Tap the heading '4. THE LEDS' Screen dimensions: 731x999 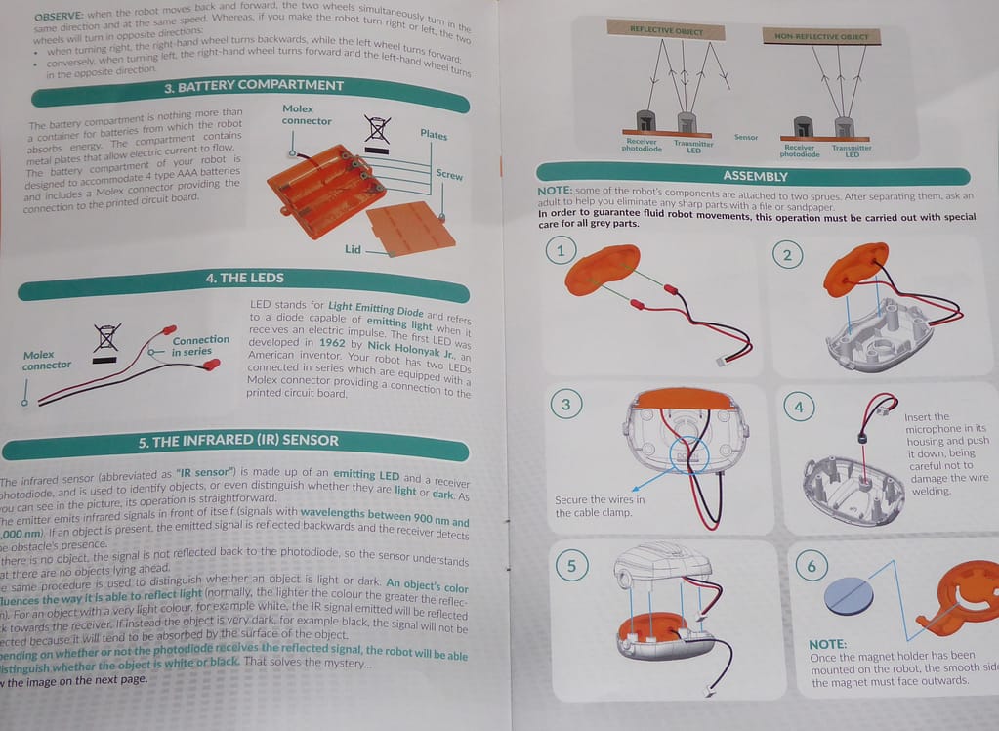point(244,279)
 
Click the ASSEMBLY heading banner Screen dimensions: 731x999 point(754,176)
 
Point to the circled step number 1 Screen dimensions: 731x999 point(560,251)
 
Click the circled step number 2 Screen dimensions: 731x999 point(787,256)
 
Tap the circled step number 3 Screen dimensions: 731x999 point(565,404)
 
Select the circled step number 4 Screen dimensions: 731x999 point(799,407)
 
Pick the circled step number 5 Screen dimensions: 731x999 point(571,566)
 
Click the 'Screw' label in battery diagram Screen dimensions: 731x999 point(449,176)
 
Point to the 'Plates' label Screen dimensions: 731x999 point(434,134)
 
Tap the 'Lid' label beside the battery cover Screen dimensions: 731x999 point(353,250)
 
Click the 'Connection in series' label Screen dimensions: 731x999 point(200,346)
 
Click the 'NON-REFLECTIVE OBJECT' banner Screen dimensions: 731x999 point(820,37)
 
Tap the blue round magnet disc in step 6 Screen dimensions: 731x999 point(849,595)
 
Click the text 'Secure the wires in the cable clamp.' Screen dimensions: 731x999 point(600,506)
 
